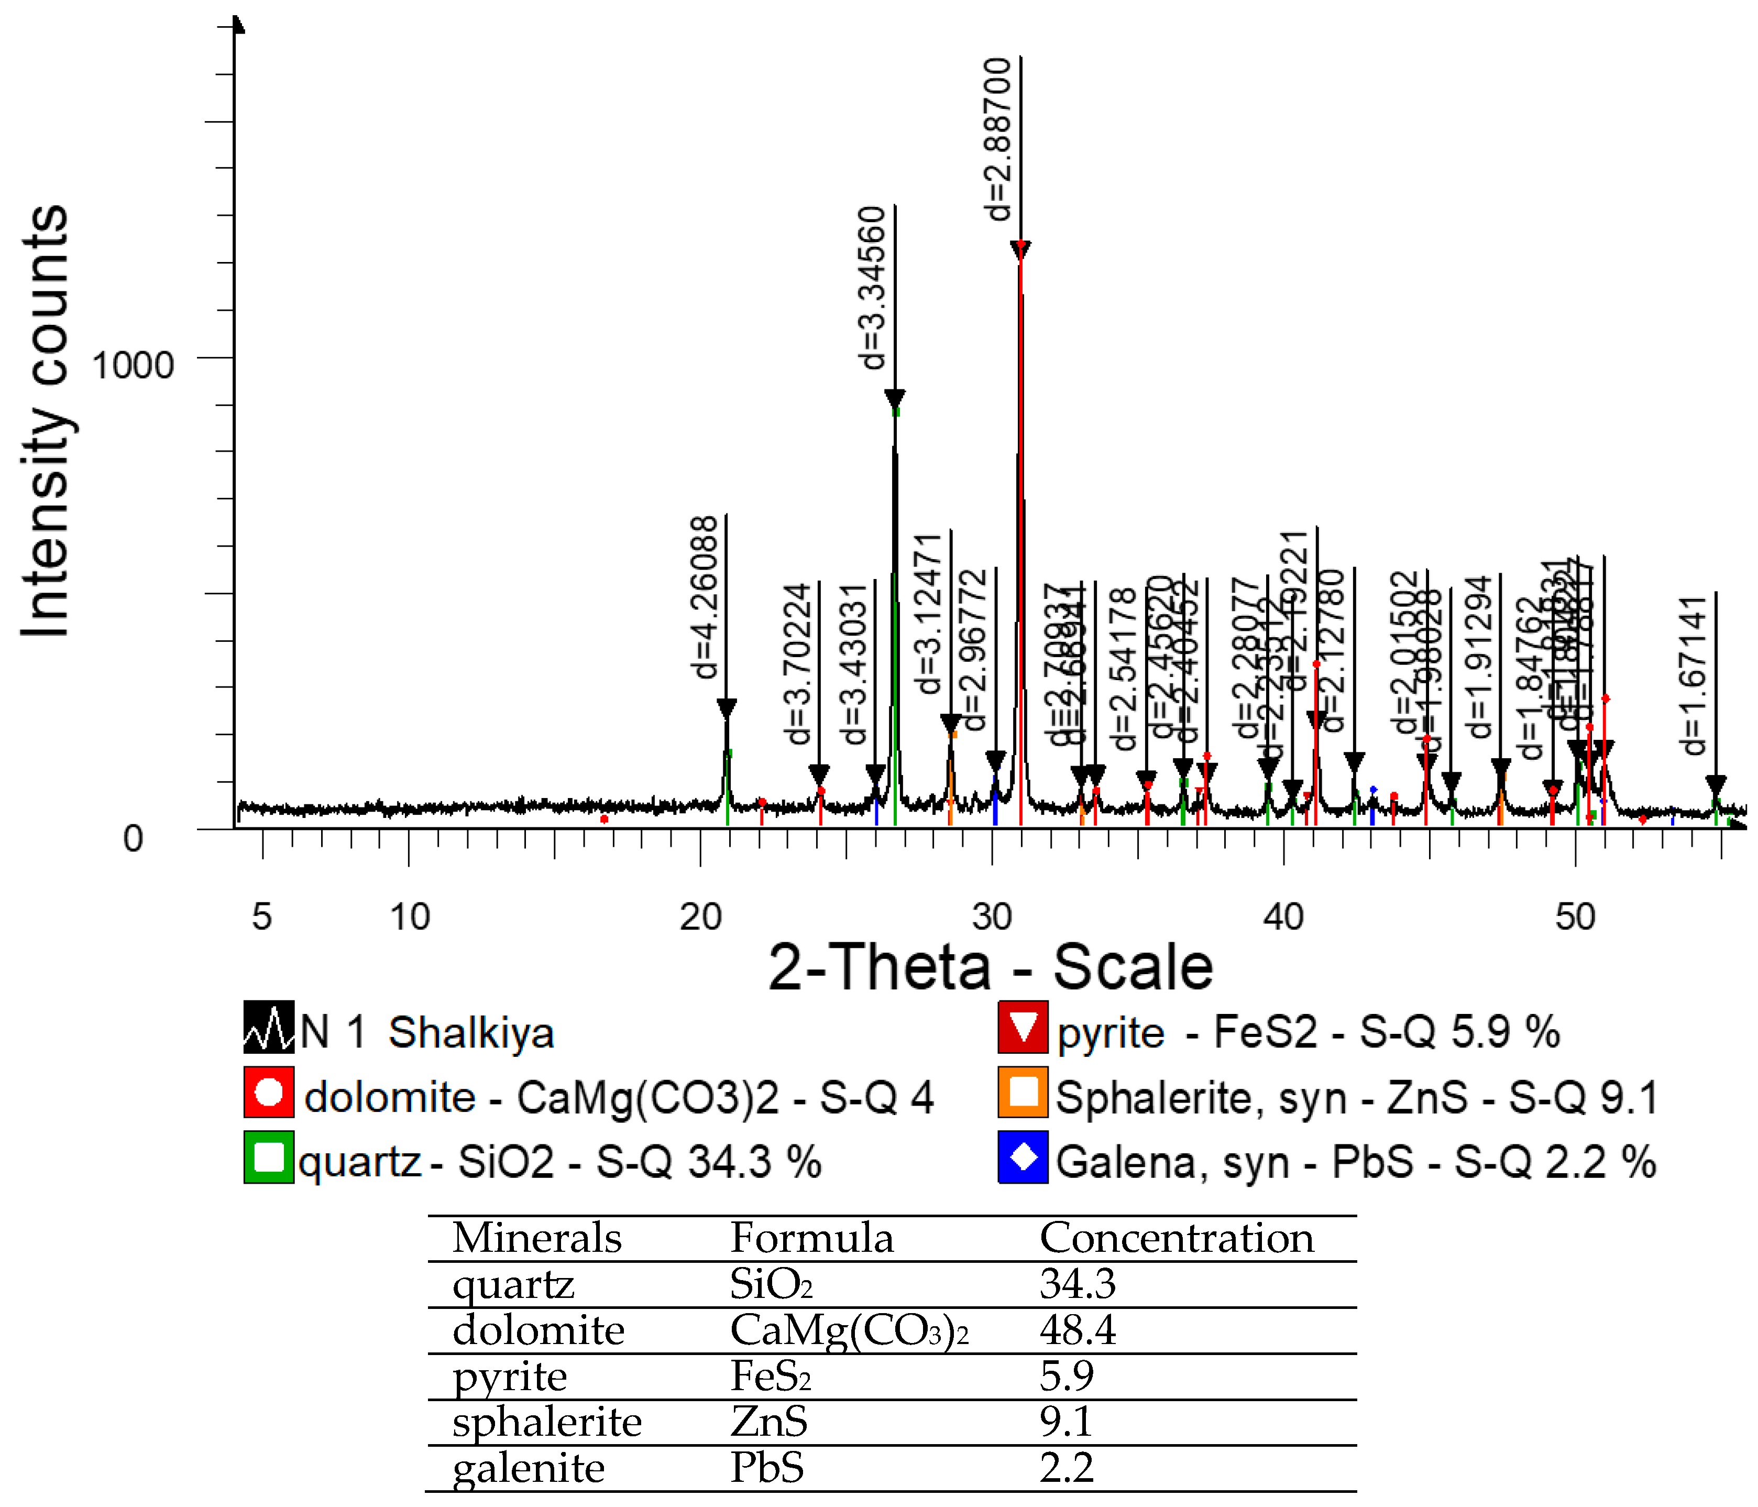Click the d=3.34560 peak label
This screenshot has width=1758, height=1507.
point(872,287)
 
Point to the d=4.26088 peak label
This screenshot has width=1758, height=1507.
point(704,596)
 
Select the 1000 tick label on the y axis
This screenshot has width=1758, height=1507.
point(133,366)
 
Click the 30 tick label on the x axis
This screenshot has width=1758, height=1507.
point(992,916)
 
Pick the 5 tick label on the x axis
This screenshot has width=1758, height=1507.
point(261,916)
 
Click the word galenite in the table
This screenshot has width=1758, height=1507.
point(528,1468)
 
